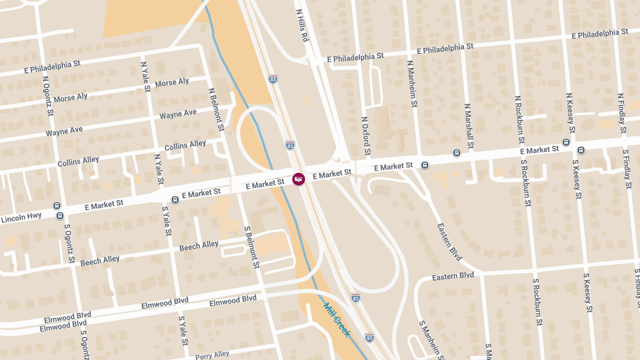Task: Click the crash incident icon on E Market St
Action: click(x=299, y=179)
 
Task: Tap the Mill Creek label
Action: click(x=337, y=320)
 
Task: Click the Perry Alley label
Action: click(x=212, y=355)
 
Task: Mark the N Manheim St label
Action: click(x=411, y=84)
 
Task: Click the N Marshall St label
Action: click(x=469, y=126)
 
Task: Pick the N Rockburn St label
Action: click(x=519, y=120)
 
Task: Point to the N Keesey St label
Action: click(x=570, y=113)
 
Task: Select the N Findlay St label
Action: click(x=621, y=113)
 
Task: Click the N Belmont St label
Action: click(x=216, y=110)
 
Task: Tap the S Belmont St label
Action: click(x=252, y=247)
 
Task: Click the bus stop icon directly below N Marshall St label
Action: click(x=457, y=153)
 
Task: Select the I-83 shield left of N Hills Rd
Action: click(x=273, y=79)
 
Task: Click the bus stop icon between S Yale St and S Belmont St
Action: click(x=175, y=200)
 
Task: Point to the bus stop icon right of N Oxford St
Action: click(x=425, y=165)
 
